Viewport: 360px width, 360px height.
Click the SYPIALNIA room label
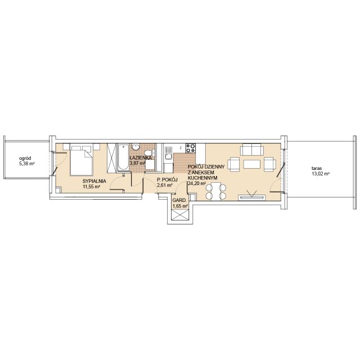pyautogui.click(x=94, y=181)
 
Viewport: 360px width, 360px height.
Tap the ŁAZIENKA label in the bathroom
pyautogui.click(x=140, y=157)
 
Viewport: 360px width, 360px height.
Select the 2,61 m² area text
pyautogui.click(x=165, y=186)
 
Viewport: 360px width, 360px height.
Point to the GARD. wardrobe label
pyautogui.click(x=180, y=200)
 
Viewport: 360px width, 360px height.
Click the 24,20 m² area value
pyautogui.click(x=197, y=183)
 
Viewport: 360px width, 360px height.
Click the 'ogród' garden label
pyautogui.click(x=25, y=159)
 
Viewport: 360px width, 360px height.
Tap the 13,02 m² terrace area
pyautogui.click(x=320, y=174)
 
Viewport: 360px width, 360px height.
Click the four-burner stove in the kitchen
pyautogui.click(x=191, y=148)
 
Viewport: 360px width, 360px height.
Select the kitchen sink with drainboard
pyautogui.click(x=169, y=153)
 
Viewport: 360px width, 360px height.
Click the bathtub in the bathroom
pyautogui.click(x=123, y=157)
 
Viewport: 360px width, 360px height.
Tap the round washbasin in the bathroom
pyautogui.click(x=136, y=147)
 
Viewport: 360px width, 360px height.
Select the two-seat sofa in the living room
pyautogui.click(x=251, y=150)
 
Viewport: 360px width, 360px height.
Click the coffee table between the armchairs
pyautogui.click(x=252, y=164)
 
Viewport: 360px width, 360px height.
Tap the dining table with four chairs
pyautogui.click(x=216, y=191)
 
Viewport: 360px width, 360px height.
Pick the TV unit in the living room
pyautogui.click(x=252, y=197)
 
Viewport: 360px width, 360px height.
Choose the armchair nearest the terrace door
pyautogui.click(x=270, y=164)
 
